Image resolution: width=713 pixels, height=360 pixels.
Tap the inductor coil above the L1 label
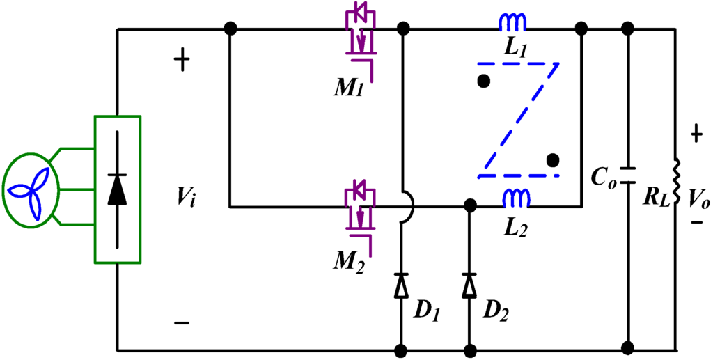[x=512, y=25]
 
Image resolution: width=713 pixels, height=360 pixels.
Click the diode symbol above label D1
[x=402, y=285]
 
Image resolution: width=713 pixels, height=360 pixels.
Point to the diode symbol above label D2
[x=470, y=285]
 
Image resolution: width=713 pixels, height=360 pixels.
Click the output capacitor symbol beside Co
[x=627, y=174]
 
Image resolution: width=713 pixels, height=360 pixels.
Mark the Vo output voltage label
[x=699, y=199]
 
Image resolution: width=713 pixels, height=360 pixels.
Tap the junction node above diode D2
[x=470, y=206]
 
